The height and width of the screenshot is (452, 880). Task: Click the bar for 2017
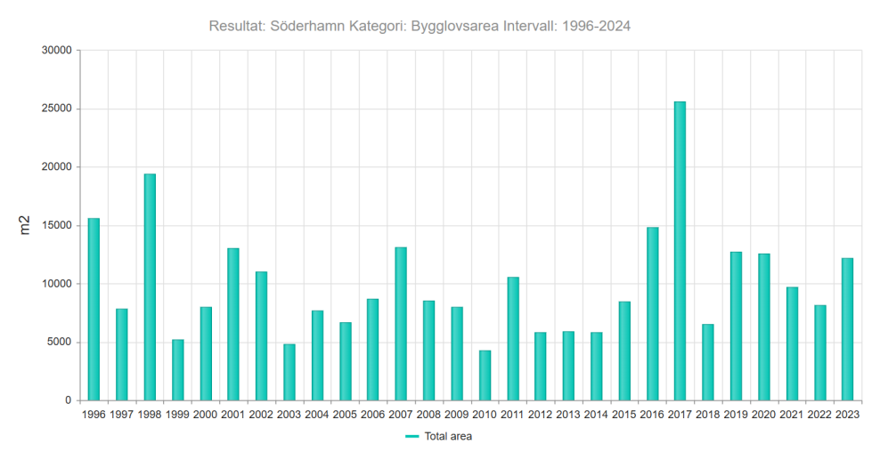pyautogui.click(x=680, y=251)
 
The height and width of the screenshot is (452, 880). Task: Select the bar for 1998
pyautogui.click(x=150, y=287)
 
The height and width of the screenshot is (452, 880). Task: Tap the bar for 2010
pyautogui.click(x=485, y=375)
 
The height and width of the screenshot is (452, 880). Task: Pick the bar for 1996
pyautogui.click(x=94, y=310)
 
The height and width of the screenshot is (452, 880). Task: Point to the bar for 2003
pyautogui.click(x=289, y=373)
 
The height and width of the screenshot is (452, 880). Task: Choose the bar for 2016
pyautogui.click(x=652, y=314)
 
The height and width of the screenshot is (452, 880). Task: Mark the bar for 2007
pyautogui.click(x=401, y=324)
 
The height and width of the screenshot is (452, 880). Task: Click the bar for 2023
pyautogui.click(x=847, y=330)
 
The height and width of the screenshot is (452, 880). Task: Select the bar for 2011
pyautogui.click(x=513, y=339)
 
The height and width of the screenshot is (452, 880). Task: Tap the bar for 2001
pyautogui.click(x=233, y=325)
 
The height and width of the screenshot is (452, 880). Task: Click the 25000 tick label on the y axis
pyautogui.click(x=57, y=109)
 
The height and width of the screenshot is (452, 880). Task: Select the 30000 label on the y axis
pyautogui.click(x=57, y=51)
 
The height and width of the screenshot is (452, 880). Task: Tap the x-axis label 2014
pyautogui.click(x=596, y=415)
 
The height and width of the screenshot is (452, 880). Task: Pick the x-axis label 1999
pyautogui.click(x=177, y=415)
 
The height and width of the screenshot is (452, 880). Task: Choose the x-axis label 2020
pyautogui.click(x=764, y=415)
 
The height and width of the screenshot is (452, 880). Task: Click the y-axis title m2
pyautogui.click(x=25, y=225)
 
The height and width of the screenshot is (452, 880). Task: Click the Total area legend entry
pyautogui.click(x=439, y=436)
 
